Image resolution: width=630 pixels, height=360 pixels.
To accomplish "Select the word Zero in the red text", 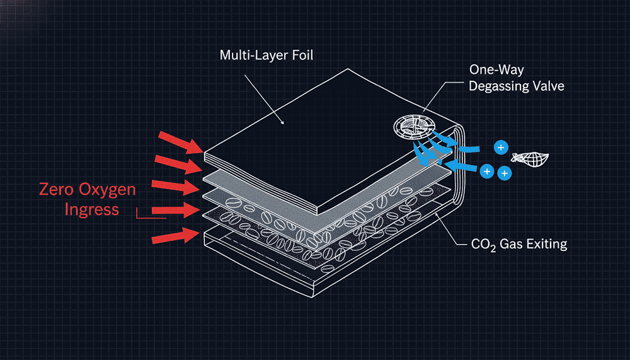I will (59, 189).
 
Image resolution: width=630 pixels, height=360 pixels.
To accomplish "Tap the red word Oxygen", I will (112, 189).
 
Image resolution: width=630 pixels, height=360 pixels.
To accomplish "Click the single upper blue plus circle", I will (501, 148).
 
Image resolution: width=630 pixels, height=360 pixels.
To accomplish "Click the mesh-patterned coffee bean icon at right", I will (532, 157).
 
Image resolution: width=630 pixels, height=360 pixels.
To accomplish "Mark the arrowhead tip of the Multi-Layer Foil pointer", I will (284, 123).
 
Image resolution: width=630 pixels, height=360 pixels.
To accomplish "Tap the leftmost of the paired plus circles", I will (486, 171).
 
